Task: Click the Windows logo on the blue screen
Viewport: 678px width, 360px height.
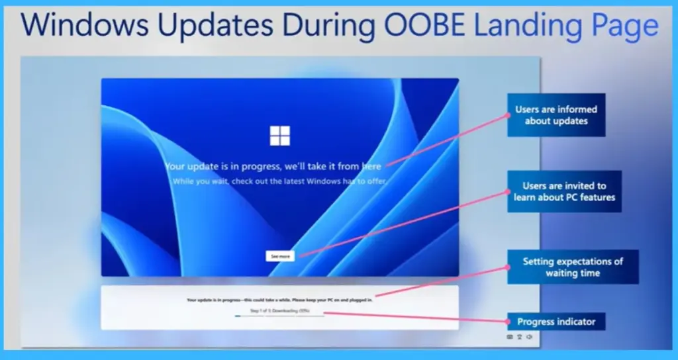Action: tap(279, 135)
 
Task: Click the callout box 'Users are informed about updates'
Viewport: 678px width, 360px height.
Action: tap(556, 115)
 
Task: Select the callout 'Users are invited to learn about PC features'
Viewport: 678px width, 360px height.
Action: tap(564, 192)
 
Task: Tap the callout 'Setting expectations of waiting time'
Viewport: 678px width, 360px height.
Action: tap(573, 267)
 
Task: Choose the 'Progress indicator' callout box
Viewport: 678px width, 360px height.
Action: tap(556, 322)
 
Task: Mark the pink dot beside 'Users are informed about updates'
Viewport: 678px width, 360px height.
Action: tap(508, 114)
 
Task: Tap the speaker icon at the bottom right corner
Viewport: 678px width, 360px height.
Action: tap(530, 337)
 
